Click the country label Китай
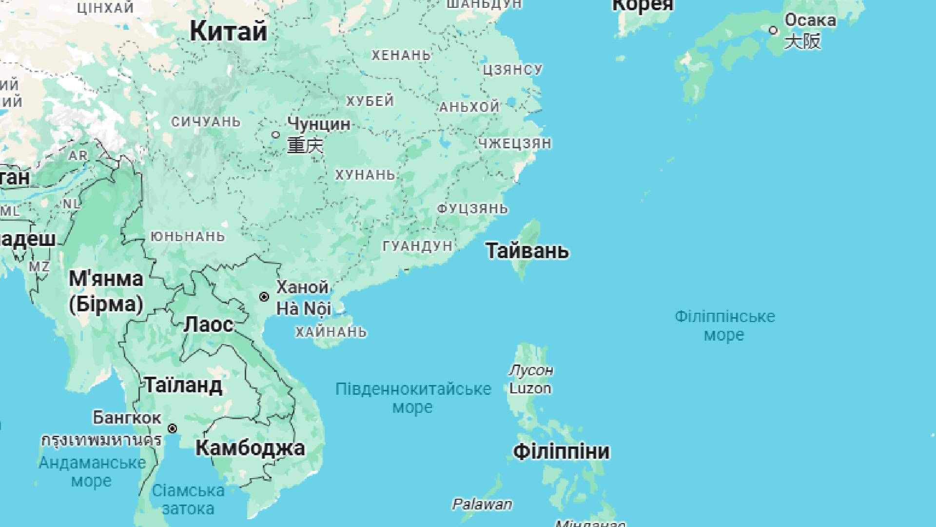[x=228, y=31]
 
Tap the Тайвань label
[x=527, y=251]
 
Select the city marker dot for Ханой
[x=264, y=297]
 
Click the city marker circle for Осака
[x=773, y=30]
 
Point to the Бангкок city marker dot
[x=173, y=428]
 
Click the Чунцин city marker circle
[x=276, y=135]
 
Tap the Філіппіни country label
[x=561, y=451]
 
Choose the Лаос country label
[x=209, y=324]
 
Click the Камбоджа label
[x=250, y=448]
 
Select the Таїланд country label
[x=184, y=385]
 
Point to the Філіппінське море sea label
[x=724, y=325]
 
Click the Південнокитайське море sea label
[x=413, y=398]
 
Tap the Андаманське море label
[x=92, y=471]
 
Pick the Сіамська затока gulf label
[x=188, y=499]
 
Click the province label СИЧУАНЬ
[x=206, y=122]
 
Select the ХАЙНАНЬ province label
[x=331, y=332]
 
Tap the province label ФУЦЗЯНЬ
[x=472, y=209]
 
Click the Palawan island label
[x=482, y=504]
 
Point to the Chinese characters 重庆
[x=305, y=145]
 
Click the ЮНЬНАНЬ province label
[x=188, y=237]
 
